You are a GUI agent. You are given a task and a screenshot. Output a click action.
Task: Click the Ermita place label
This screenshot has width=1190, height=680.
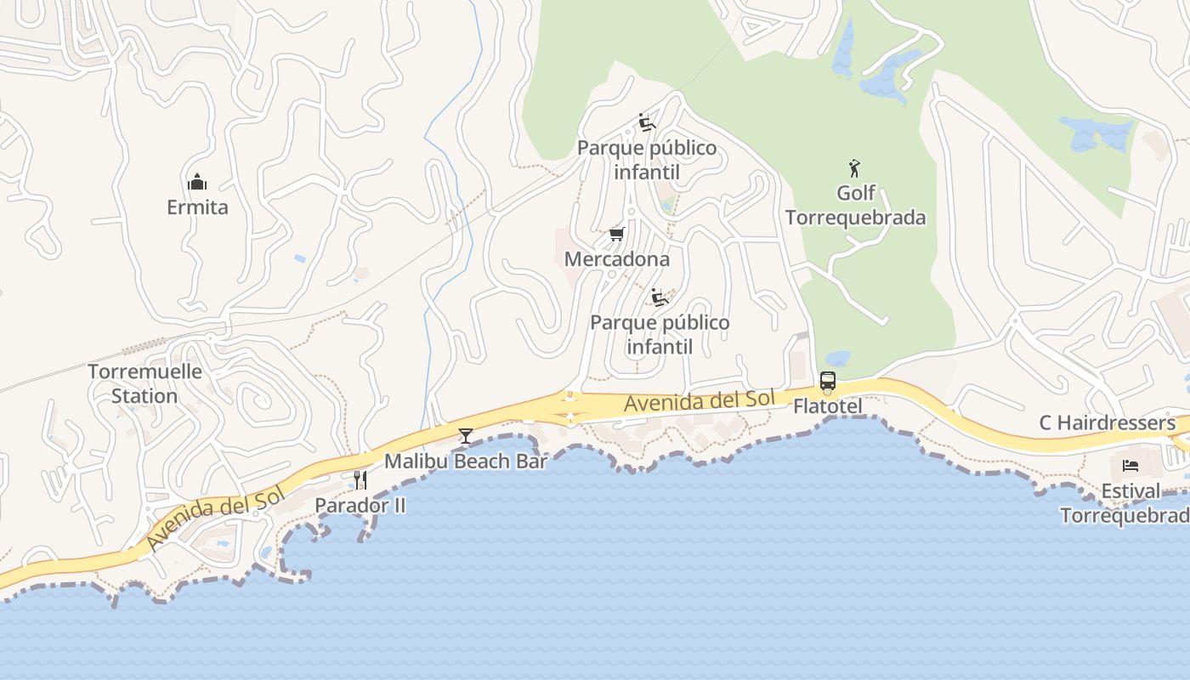(x=197, y=207)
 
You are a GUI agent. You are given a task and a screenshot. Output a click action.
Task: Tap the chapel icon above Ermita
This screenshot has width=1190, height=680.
(x=197, y=182)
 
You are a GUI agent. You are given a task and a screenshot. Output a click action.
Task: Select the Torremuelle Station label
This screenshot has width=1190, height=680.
(x=144, y=383)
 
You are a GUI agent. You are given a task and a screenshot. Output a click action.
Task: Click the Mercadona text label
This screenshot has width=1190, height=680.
(x=617, y=259)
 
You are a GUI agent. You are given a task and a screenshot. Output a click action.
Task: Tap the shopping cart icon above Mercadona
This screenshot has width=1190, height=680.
(x=617, y=234)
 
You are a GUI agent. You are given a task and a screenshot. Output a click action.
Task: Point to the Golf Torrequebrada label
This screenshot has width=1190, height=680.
(x=855, y=205)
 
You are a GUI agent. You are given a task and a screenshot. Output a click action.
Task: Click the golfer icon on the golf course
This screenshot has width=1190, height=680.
(x=854, y=168)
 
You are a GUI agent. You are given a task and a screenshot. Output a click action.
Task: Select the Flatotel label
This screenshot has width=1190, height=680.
(x=827, y=406)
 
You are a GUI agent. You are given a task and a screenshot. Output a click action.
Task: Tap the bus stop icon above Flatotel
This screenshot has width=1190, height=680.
(x=827, y=381)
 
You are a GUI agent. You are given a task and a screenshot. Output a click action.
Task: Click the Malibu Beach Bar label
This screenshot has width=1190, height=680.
(x=466, y=462)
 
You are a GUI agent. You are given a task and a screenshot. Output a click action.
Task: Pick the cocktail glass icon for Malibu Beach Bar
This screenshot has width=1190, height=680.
(x=465, y=436)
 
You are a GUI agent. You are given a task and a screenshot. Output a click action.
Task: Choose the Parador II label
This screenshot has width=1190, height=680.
(x=360, y=506)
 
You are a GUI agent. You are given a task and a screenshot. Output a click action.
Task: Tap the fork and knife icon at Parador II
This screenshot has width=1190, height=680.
(x=360, y=480)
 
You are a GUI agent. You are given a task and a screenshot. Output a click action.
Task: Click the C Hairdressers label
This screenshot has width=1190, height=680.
(x=1108, y=423)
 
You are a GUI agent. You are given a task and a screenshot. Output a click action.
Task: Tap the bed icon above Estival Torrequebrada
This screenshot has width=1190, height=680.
(x=1130, y=465)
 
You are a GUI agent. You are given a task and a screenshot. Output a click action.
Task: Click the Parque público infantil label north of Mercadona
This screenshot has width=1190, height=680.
(x=647, y=160)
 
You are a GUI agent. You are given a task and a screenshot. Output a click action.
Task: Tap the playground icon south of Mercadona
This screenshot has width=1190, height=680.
(x=659, y=297)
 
